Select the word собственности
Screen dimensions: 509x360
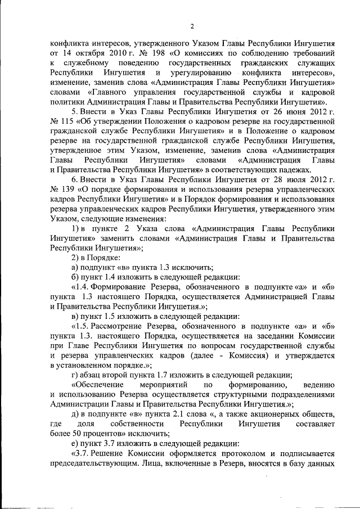pyautogui.click(x=139, y=423)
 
